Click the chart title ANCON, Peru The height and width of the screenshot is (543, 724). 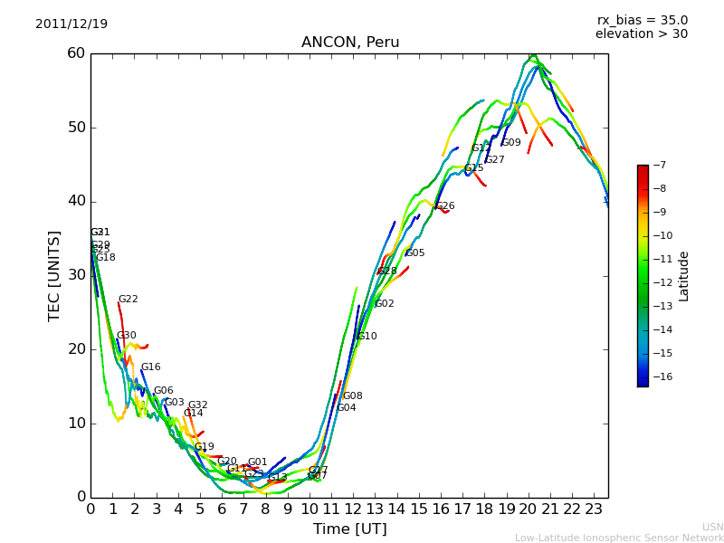[x=350, y=43]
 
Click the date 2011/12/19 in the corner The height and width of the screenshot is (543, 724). [x=71, y=24]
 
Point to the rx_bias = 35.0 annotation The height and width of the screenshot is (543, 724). [x=642, y=20]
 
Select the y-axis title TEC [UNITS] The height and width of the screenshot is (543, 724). [x=55, y=275]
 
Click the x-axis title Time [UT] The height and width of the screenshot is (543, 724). [x=349, y=529]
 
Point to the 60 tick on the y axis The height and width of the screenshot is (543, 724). [x=75, y=53]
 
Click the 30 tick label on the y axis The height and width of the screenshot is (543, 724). [x=75, y=275]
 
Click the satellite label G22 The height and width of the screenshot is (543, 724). [x=129, y=300]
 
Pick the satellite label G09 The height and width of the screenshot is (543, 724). [x=511, y=143]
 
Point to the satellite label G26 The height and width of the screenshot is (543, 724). [x=445, y=206]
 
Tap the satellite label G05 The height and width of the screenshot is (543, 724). [x=415, y=253]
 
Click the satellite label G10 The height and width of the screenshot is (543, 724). [x=367, y=337]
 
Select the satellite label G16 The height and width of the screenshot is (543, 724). [x=150, y=367]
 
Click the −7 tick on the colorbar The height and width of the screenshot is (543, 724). [x=658, y=166]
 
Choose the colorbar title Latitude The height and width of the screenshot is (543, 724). [x=684, y=276]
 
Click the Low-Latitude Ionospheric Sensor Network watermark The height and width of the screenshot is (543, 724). [x=619, y=538]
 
